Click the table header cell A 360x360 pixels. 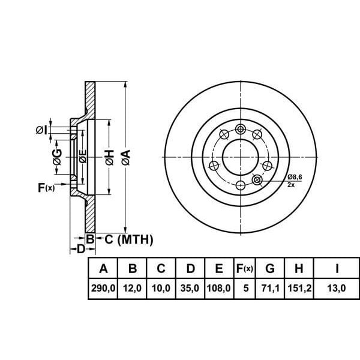pos(103,268)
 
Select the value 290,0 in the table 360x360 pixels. pos(103,288)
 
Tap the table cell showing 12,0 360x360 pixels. pos(131,288)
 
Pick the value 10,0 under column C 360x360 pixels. pos(161,288)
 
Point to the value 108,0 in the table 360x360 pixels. pos(219,288)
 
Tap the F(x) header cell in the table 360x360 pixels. pos(244,268)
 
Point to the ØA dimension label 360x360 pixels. pos(125,158)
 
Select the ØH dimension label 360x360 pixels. pos(109,158)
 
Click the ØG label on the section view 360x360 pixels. pos(57,157)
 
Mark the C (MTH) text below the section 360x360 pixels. pos(125,240)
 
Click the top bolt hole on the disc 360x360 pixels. pos(241,128)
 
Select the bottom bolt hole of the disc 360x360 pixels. pos(241,185)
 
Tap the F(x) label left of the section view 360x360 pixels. pos(46,188)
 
